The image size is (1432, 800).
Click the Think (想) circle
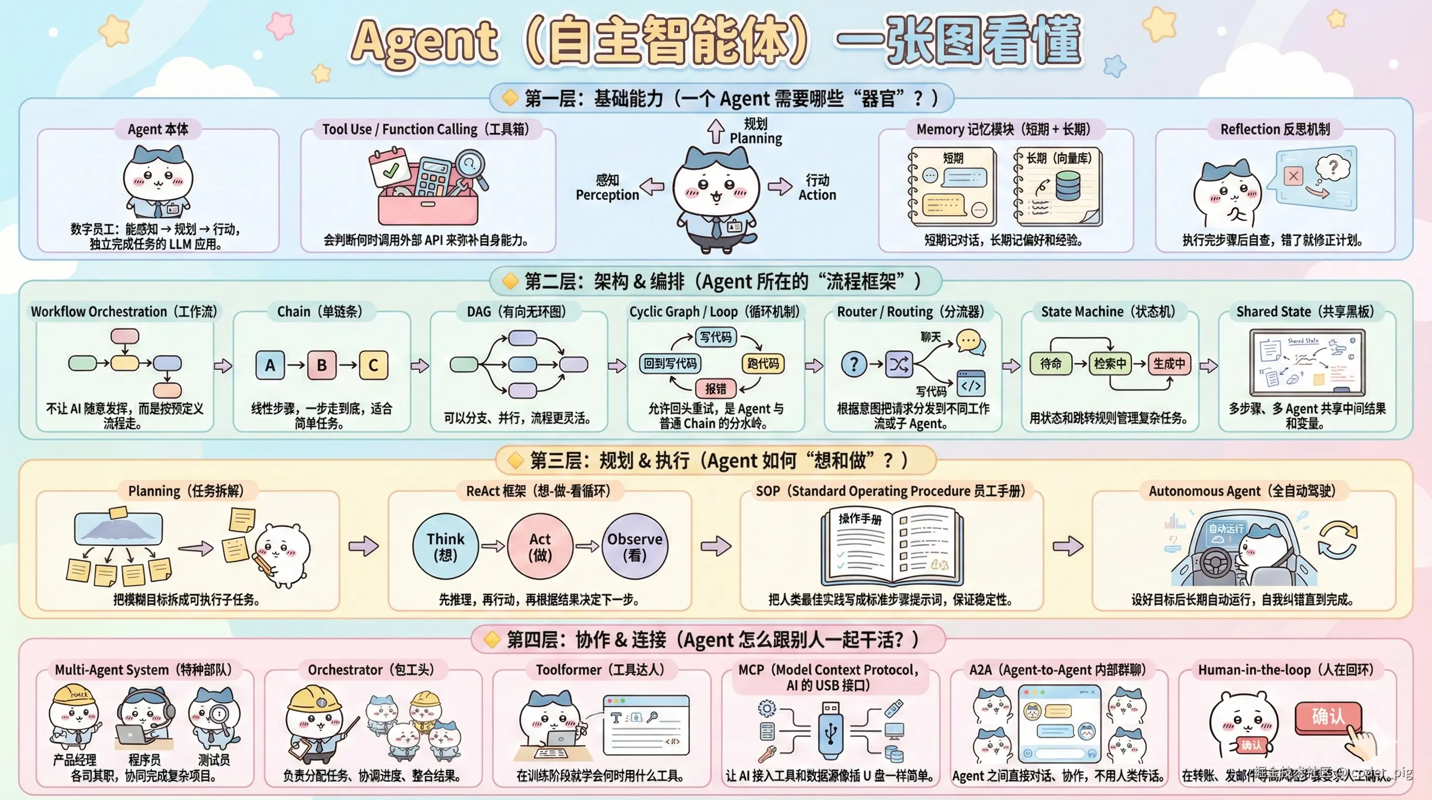coord(445,546)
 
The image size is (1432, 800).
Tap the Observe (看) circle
coord(635,546)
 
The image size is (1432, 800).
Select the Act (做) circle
coord(540,546)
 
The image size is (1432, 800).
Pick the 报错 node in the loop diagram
coord(715,389)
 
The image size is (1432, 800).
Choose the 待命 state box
coord(1050,364)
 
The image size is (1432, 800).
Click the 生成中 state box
coord(1169,364)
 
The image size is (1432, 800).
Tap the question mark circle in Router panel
coord(854,365)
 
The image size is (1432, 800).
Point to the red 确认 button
coord(1327,717)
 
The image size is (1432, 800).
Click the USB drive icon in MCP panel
coord(830,731)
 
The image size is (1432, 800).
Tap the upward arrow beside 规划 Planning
coord(715,131)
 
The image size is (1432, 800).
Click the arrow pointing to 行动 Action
coord(780,186)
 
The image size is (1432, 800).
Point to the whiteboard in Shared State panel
coord(1307,361)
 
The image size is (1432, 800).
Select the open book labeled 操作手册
coord(892,545)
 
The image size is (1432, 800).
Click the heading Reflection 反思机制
coord(1275,129)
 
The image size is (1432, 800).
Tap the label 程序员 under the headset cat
coord(145,759)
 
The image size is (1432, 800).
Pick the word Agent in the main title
coord(424,42)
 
